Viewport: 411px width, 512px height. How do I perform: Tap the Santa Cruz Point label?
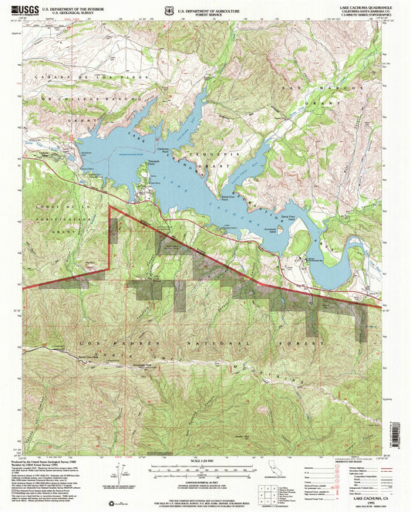250,197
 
